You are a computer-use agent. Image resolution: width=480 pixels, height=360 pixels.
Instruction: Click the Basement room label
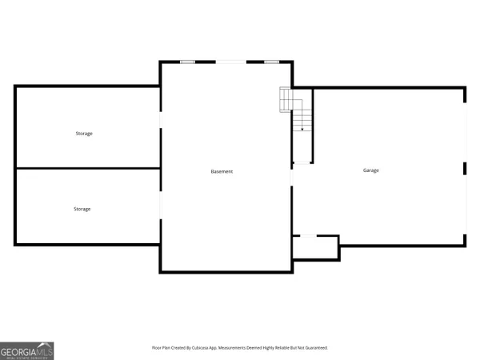point(222,172)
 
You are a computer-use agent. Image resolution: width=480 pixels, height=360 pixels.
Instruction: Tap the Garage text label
point(371,170)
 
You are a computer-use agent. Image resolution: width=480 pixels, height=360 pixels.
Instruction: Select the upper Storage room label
point(84,134)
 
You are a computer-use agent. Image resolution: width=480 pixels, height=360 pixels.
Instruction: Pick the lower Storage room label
point(82,209)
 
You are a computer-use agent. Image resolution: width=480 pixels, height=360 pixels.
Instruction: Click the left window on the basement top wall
point(188,62)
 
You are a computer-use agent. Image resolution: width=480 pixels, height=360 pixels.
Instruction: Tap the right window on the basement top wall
point(271,62)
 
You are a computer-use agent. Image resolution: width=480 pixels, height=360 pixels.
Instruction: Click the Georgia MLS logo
point(27,350)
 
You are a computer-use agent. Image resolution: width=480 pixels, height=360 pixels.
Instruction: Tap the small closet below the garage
point(315,247)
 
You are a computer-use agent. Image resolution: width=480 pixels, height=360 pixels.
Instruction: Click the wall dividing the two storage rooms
point(87,168)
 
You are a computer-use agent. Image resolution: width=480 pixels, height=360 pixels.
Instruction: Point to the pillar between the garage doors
point(465,168)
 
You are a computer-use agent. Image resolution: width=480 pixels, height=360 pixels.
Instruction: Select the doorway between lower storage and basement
point(161,206)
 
